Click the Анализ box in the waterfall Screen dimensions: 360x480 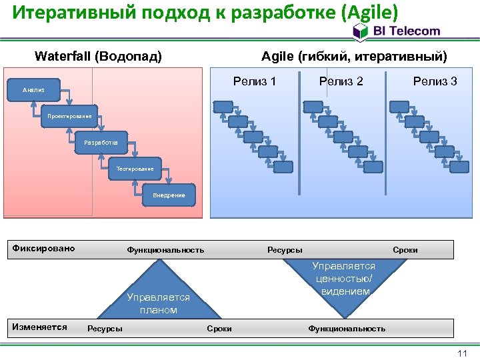coord(33,89)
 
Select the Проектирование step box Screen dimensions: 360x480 coord(69,116)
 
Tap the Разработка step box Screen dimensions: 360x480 coord(101,142)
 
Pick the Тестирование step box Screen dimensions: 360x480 coord(135,169)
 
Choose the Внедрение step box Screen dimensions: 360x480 coord(169,195)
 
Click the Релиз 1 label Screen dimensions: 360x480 coord(255,81)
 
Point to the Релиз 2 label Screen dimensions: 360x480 coord(341,81)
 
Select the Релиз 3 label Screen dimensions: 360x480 coord(435,81)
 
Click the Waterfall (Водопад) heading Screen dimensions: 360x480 coord(98,56)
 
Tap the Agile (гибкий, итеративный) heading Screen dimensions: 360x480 coord(355,56)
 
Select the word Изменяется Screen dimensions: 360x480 coord(39,327)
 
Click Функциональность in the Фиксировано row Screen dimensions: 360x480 coord(165,250)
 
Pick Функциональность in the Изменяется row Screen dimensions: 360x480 coord(347,329)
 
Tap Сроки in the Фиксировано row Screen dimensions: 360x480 coord(405,250)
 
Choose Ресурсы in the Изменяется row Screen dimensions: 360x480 coord(105,329)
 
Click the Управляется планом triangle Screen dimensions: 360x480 coord(159,297)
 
